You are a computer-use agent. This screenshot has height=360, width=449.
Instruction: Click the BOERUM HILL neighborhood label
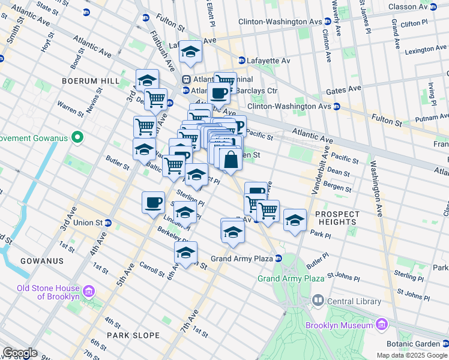89,80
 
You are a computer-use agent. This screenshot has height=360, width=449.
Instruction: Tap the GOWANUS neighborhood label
41,261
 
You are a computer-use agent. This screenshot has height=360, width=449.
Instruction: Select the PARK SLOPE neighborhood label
133,335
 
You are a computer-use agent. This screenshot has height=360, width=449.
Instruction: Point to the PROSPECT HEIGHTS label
337,218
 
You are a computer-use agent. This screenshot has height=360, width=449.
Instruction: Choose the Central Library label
354,301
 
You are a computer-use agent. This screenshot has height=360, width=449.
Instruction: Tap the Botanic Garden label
414,344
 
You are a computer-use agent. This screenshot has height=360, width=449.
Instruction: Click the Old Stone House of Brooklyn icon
89,292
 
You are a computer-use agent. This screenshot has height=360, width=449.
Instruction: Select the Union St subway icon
108,223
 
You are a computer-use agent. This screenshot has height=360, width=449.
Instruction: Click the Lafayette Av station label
269,60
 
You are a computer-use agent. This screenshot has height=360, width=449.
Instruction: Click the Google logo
20,353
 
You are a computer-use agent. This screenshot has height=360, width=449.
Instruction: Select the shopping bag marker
231,160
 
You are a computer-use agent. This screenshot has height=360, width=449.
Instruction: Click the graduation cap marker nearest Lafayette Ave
191,52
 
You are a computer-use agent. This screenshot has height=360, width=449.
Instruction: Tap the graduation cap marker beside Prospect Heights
295,220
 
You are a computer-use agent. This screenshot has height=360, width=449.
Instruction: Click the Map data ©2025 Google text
411,355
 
